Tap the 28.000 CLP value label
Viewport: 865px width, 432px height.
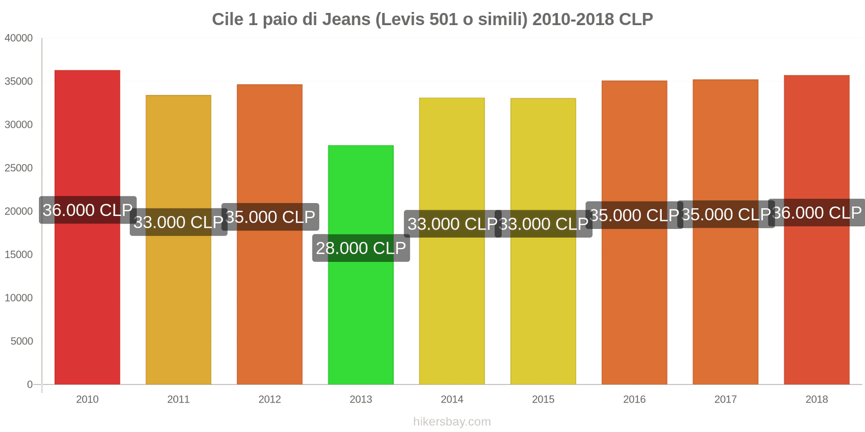[361, 248]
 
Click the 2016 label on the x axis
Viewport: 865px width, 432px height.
[634, 400]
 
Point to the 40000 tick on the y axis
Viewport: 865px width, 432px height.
[19, 38]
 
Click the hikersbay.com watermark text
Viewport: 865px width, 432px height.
[452, 422]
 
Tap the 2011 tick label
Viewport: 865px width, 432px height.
[178, 400]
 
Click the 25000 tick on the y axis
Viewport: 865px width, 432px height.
[19, 168]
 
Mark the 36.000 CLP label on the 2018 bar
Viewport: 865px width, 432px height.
[817, 213]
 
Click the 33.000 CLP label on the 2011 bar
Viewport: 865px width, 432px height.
[178, 222]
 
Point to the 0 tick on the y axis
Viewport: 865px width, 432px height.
[30, 384]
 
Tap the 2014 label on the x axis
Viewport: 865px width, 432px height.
[452, 400]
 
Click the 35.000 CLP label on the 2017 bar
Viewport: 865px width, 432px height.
[726, 214]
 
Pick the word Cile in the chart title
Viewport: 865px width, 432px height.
[228, 19]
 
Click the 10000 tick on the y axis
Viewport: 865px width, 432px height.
[19, 298]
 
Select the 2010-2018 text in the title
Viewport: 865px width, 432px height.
[573, 19]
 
